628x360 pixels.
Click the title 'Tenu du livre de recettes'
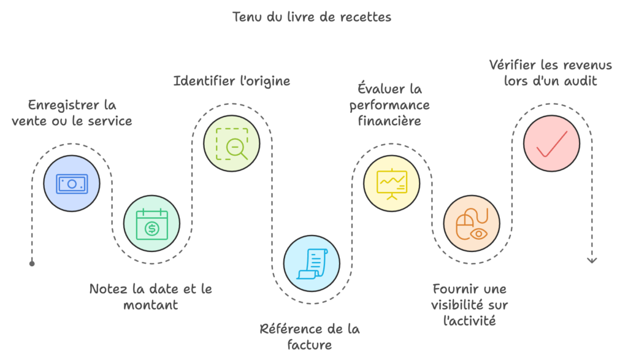point(312,17)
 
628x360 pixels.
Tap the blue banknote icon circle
point(71,183)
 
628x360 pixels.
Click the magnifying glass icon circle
point(231,143)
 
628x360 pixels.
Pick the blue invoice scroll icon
point(312,263)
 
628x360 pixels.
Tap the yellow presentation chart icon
point(391,183)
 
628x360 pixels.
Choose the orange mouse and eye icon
point(471,224)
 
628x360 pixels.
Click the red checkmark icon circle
point(551,143)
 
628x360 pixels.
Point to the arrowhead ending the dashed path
point(591,260)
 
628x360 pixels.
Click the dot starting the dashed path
point(32,264)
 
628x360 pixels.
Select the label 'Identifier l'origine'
point(231,81)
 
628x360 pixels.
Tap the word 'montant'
point(151,304)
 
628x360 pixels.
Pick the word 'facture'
point(311,345)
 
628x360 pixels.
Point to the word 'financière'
point(390,121)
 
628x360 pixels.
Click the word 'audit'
point(579,80)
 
